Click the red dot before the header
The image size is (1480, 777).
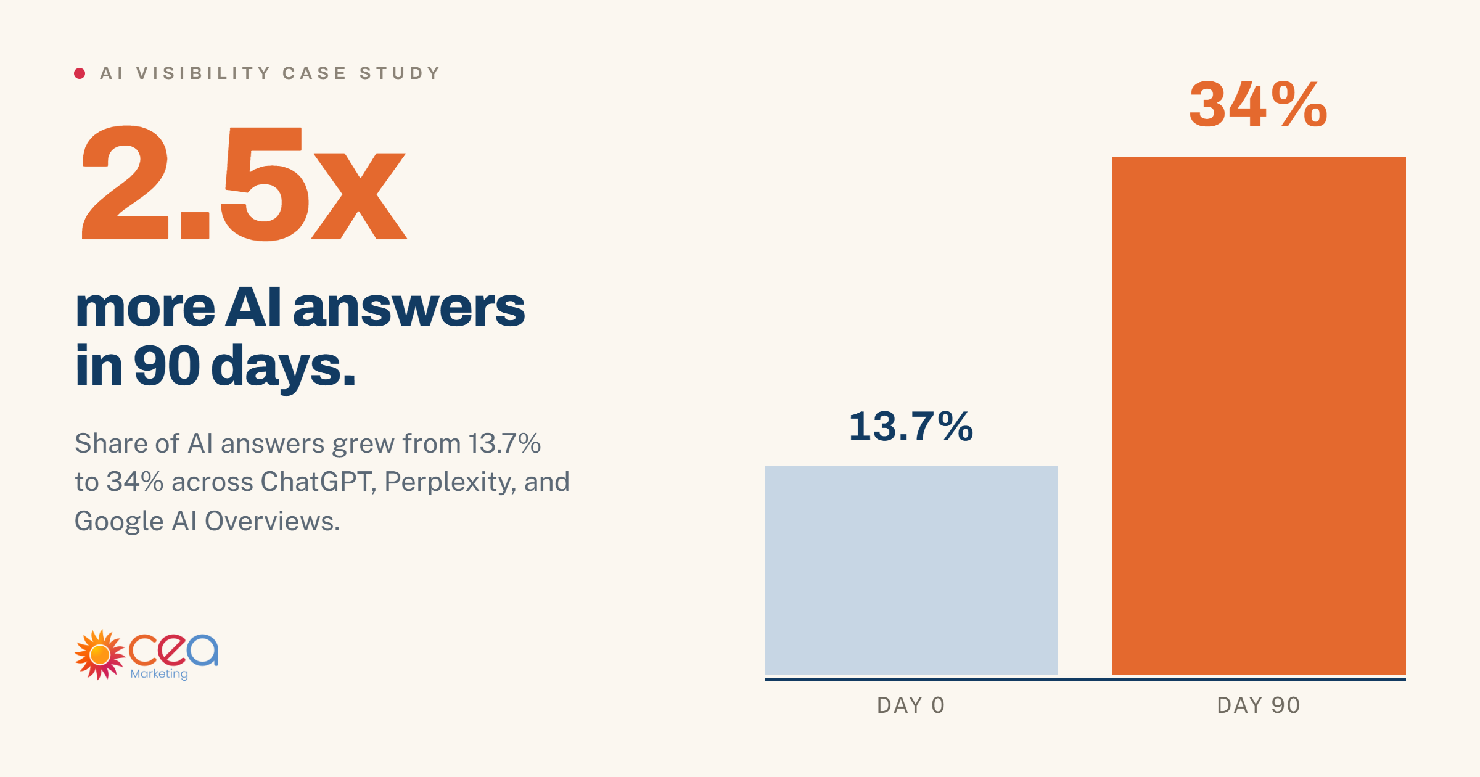pos(80,73)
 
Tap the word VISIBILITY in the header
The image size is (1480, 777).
pos(203,73)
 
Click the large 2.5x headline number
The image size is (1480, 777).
pos(244,183)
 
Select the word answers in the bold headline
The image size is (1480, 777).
pos(409,308)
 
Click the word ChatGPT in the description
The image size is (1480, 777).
pos(318,482)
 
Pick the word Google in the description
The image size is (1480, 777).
pos(119,522)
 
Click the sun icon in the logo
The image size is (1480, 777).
pos(99,655)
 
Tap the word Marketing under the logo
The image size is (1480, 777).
pos(159,674)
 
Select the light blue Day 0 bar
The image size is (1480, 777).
pos(911,570)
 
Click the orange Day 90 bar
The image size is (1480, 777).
pos(1259,416)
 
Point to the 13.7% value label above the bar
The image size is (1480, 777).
pos(911,426)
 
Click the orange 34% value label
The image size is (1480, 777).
pos(1259,104)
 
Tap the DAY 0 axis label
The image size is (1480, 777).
pos(911,705)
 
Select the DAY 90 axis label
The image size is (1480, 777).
pos(1259,705)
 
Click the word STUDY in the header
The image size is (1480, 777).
pos(400,73)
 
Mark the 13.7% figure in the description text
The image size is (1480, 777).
pos(504,443)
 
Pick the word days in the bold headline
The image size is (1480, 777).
pos(283,366)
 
